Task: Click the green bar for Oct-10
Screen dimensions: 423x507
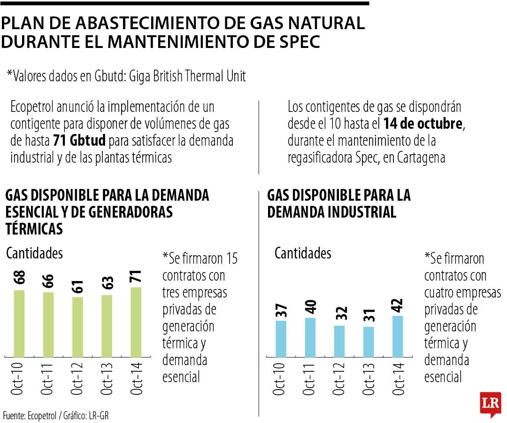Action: point(19,323)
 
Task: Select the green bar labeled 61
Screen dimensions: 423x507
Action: point(77,327)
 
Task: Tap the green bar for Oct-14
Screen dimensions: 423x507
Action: point(135,321)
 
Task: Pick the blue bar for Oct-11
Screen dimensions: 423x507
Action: point(310,337)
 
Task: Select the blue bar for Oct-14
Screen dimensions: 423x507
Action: point(397,336)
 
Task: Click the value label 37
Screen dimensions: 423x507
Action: point(281,310)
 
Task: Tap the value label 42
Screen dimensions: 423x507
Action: point(397,305)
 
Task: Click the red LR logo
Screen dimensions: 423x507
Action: point(491,403)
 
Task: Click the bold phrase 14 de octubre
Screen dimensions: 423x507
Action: point(423,125)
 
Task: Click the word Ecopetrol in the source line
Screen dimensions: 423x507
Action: point(43,415)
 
